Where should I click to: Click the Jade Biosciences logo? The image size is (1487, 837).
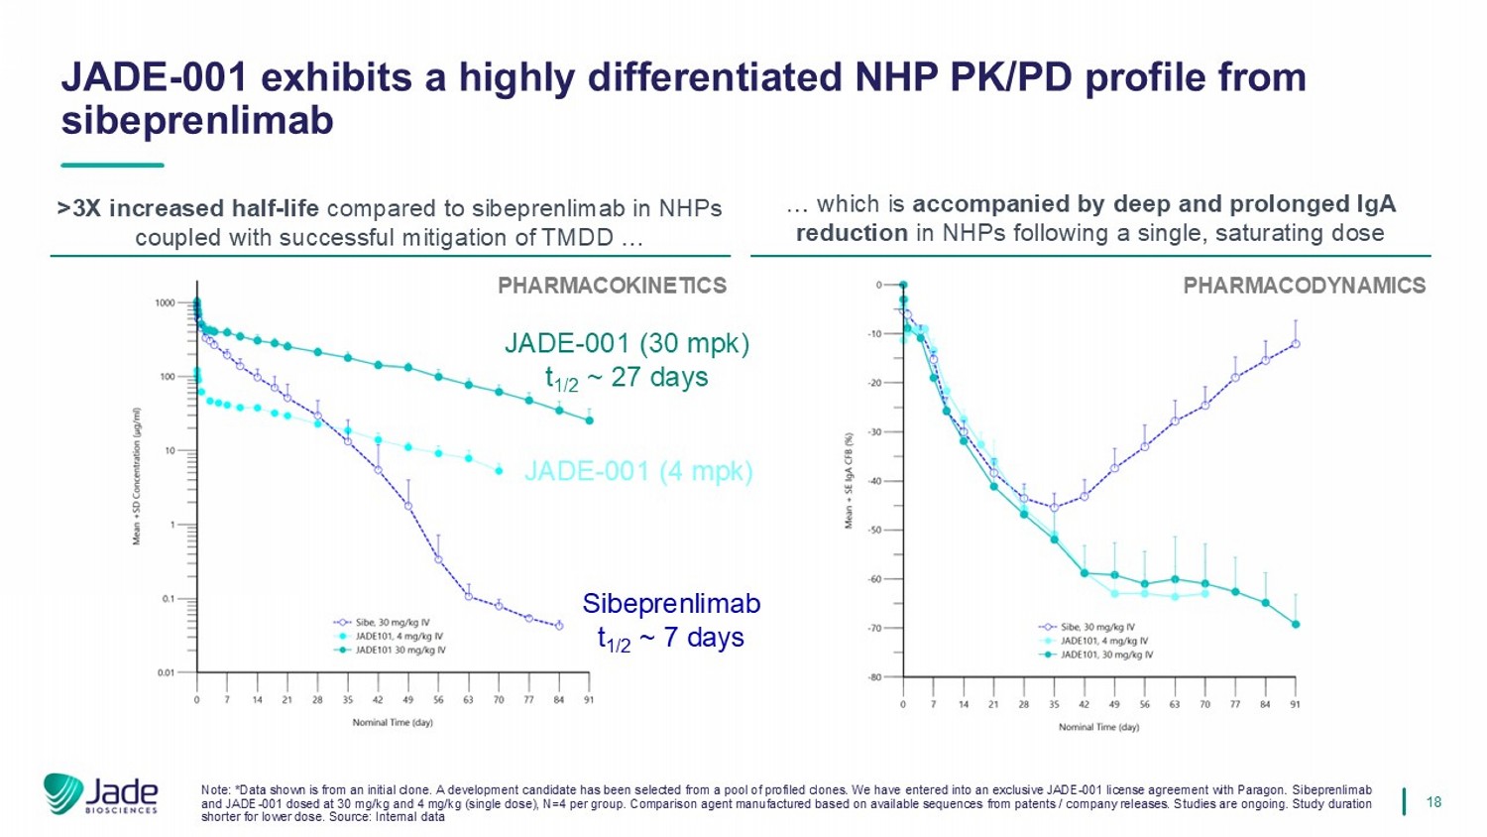click(100, 794)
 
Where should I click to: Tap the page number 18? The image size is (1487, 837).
click(1433, 801)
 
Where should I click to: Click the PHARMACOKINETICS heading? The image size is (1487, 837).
click(612, 286)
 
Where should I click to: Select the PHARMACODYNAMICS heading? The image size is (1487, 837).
click(1304, 286)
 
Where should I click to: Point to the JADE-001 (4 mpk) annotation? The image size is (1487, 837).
click(637, 470)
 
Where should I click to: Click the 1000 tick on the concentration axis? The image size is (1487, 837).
click(165, 302)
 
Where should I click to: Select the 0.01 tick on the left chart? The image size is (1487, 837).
click(165, 673)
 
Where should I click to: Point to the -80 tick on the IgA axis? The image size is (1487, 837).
click(874, 677)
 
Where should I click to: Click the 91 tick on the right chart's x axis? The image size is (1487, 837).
click(1296, 704)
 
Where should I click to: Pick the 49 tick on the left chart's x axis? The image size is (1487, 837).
click(407, 699)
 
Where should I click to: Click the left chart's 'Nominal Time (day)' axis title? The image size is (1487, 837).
click(393, 722)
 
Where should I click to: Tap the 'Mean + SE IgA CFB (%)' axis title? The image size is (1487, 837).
click(849, 481)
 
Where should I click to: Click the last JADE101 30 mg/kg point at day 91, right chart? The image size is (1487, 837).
click(1296, 624)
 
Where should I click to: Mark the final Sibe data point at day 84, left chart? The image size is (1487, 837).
click(559, 626)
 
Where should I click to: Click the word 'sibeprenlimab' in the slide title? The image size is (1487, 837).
click(197, 120)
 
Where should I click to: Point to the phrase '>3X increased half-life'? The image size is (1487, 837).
click(188, 208)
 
